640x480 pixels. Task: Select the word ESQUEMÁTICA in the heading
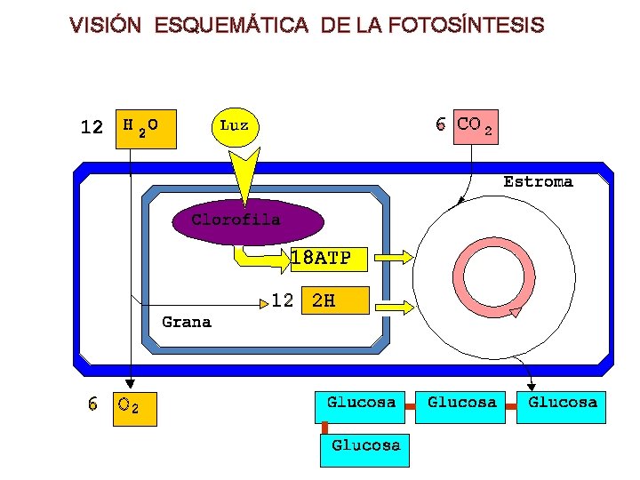pos(230,26)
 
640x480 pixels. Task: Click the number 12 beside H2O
pos(92,127)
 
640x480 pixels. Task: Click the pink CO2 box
pos(476,127)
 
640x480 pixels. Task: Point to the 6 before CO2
pos(441,124)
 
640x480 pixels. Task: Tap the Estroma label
pos(538,181)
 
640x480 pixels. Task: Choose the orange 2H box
pos(334,301)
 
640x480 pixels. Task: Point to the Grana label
pos(187,322)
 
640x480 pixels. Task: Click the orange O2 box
pos(135,408)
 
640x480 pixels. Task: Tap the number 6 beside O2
pos(93,405)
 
